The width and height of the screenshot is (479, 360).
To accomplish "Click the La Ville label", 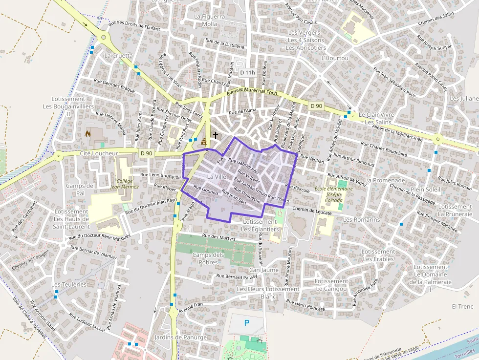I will pyautogui.click(x=217, y=176).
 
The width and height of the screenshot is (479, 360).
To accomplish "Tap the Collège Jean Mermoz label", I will pyautogui.click(x=125, y=184).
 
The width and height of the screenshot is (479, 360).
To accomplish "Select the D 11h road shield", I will pyautogui.click(x=248, y=72).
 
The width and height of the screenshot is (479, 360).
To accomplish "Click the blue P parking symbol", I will pyautogui.click(x=246, y=322).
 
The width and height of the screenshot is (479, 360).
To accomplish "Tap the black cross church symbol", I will pyautogui.click(x=215, y=134).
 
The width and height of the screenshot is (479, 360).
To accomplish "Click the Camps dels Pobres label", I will pyautogui.click(x=208, y=258).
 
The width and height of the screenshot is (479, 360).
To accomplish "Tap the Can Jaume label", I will pyautogui.click(x=263, y=270).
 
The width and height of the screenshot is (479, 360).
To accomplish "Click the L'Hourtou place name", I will pyautogui.click(x=335, y=58).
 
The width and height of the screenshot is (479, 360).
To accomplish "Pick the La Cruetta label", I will pyautogui.click(x=118, y=56).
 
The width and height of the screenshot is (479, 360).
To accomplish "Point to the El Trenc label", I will pyautogui.click(x=462, y=306).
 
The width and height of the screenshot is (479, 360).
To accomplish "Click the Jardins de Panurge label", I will pyautogui.click(x=180, y=337).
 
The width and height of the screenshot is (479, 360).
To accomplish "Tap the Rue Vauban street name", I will pyautogui.click(x=311, y=159).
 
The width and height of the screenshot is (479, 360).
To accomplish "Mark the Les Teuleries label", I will pyautogui.click(x=69, y=284).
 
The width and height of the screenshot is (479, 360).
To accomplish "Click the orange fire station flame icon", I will pyautogui.click(x=88, y=132).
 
